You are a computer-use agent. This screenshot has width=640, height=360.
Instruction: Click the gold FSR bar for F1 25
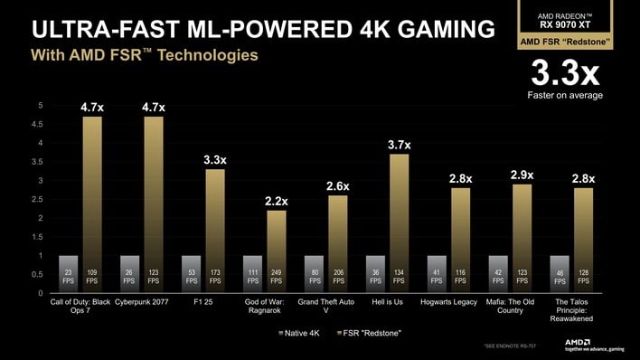215,231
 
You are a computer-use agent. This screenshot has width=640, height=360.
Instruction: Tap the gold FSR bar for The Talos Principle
583,240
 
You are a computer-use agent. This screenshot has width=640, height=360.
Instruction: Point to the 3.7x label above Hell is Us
399,145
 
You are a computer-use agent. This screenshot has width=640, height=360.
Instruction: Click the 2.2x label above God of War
277,201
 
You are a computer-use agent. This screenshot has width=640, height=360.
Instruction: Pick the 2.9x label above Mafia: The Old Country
522,175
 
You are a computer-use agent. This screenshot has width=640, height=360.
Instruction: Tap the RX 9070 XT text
565,24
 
